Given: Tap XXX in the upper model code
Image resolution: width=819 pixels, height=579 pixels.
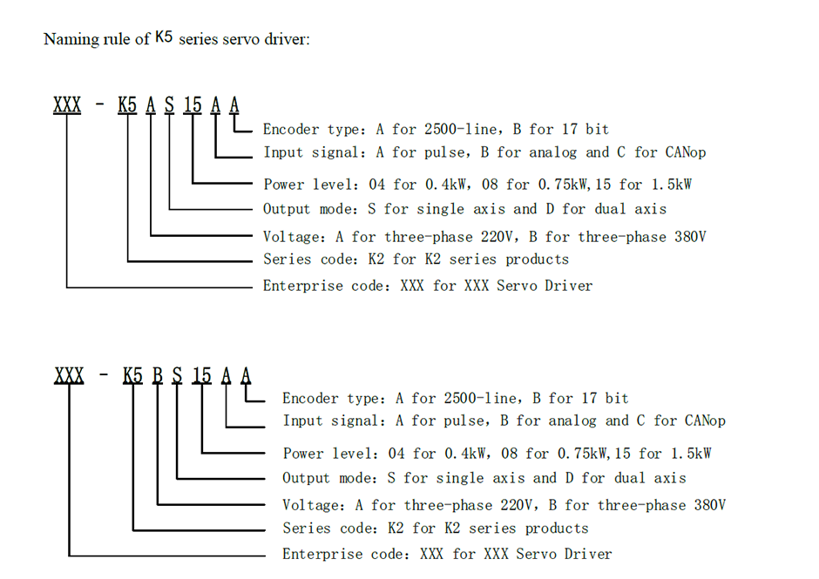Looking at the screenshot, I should [x=67, y=105].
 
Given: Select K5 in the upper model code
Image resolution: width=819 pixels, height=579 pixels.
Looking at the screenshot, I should [x=127, y=105].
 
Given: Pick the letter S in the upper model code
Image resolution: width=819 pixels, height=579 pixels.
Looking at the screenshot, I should [x=169, y=105].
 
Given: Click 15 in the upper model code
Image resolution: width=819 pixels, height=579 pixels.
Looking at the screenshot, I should [x=193, y=105].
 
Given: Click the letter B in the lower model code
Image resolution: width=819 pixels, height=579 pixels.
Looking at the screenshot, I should [x=158, y=375].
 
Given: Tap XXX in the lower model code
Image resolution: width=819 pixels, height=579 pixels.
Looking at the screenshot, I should [x=69, y=375].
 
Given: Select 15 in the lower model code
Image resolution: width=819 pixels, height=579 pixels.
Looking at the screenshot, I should [x=201, y=375].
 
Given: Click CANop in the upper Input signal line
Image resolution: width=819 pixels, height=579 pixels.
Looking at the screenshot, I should [x=683, y=152].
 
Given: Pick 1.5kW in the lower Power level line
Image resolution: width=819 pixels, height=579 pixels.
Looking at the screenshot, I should [x=687, y=454].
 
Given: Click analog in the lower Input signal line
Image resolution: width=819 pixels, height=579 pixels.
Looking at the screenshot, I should [x=574, y=421].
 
